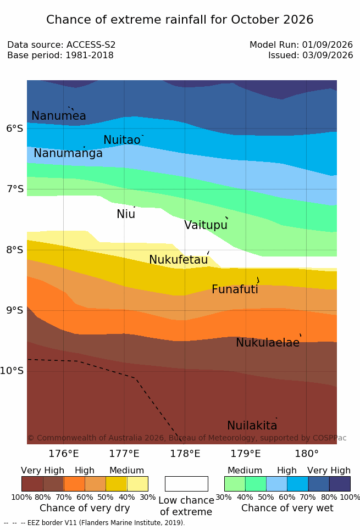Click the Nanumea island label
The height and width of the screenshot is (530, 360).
[x=58, y=115]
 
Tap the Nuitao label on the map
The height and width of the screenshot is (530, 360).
[x=122, y=140]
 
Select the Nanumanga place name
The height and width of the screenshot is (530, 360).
[x=68, y=153]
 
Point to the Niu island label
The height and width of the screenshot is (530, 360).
[x=126, y=214]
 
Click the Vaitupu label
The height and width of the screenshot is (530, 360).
[x=206, y=225]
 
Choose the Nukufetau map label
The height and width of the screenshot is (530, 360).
[x=178, y=260]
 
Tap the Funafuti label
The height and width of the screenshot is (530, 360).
[x=235, y=289]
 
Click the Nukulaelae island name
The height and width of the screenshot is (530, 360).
[x=268, y=342]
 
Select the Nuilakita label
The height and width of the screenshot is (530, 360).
[x=252, y=425]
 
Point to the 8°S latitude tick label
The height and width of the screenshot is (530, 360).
[x=15, y=250]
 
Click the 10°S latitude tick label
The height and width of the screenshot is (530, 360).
[x=12, y=371]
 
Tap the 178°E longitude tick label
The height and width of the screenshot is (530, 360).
[x=185, y=454]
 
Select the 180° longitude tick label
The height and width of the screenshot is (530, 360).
[x=307, y=454]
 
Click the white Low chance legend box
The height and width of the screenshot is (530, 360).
[x=186, y=484]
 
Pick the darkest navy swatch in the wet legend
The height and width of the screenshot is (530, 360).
[x=340, y=484]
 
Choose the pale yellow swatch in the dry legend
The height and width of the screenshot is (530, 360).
[x=137, y=484]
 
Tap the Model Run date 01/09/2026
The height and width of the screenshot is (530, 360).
[x=328, y=44]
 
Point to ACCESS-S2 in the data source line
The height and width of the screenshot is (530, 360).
[x=91, y=44]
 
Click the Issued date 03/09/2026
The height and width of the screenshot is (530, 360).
[x=328, y=55]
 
